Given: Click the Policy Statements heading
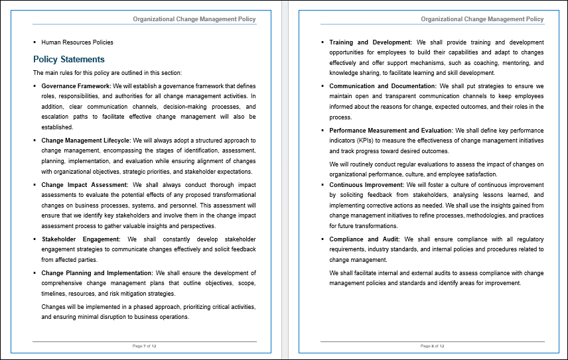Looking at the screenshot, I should click(69, 59).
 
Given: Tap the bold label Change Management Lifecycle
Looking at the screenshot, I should click(86, 141).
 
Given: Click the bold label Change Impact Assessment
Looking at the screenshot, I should click(84, 185).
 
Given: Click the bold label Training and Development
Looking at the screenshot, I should click(370, 42).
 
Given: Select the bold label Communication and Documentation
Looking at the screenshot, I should click(383, 86).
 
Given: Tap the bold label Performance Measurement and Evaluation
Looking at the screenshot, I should click(391, 131).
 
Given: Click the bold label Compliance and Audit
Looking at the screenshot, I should click(364, 239).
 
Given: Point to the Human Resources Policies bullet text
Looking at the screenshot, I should click(77, 42).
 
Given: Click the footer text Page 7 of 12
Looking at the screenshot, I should click(145, 346).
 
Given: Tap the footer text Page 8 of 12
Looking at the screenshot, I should click(433, 346).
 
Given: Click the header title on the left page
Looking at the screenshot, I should click(194, 19).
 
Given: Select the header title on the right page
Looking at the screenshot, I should click(482, 19).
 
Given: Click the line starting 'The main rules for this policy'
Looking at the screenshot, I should click(107, 73).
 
